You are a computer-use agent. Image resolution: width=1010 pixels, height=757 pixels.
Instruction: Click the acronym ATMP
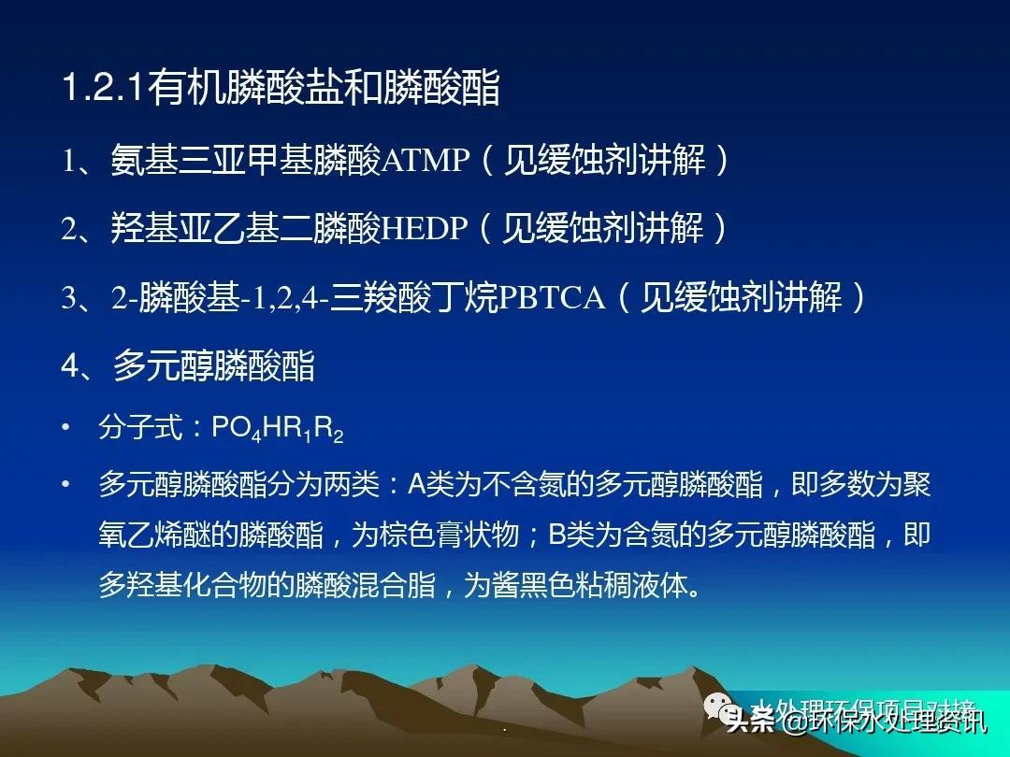click(426, 162)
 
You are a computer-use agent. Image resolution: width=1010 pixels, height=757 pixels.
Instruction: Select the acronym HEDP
click(425, 230)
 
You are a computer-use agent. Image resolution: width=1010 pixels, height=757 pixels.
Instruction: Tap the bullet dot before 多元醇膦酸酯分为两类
click(65, 485)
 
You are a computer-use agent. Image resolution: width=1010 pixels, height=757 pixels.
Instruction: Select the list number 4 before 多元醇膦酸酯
click(72, 366)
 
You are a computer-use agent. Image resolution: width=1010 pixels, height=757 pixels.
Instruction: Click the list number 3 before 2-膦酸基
click(71, 299)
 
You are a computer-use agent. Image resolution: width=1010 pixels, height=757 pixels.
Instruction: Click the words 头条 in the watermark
click(751, 721)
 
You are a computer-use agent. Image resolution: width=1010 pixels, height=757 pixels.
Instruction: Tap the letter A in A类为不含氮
click(417, 485)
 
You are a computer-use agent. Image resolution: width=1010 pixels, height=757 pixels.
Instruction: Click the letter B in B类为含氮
click(558, 536)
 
